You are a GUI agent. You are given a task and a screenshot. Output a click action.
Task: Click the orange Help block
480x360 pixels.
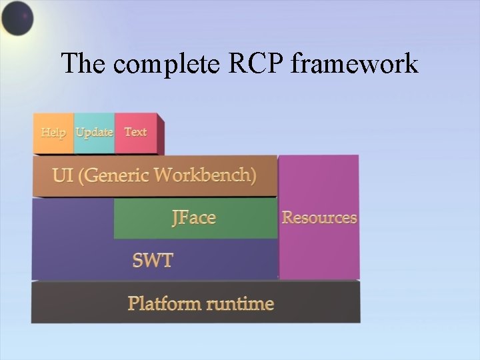53,133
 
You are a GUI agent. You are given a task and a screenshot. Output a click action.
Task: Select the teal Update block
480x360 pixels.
94,133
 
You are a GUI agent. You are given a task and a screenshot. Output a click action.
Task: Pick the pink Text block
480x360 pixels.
136,133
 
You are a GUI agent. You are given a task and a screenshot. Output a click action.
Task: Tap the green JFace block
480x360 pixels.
195,218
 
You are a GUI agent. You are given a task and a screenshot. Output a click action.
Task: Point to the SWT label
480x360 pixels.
152,260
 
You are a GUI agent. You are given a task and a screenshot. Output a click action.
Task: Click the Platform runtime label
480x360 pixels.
201,304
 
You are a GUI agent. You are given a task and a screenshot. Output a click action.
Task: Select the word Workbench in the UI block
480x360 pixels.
205,176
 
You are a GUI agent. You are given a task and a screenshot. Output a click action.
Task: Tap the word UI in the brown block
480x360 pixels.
63,176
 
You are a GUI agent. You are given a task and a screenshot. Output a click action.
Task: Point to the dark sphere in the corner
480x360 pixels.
17,18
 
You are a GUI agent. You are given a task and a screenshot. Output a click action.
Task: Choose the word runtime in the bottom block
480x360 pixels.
240,304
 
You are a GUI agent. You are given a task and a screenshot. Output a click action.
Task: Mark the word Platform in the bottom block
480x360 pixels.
165,304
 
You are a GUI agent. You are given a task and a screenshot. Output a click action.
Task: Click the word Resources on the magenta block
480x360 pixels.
319,217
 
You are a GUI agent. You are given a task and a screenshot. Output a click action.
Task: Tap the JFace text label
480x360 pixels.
193,218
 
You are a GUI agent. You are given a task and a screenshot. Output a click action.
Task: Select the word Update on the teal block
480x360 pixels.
94,132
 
